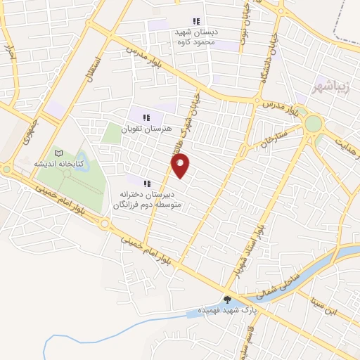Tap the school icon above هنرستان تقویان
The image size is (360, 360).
(146, 117)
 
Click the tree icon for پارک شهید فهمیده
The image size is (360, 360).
(226, 300)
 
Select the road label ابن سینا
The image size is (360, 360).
(325, 304)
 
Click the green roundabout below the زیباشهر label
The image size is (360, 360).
(313, 124)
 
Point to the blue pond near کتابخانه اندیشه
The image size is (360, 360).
(82, 159)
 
